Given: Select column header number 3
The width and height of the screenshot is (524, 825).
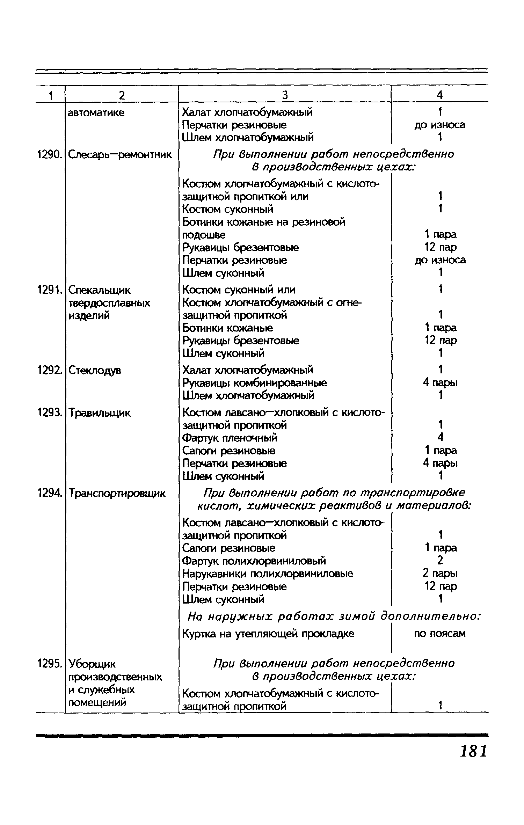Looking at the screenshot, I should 285,95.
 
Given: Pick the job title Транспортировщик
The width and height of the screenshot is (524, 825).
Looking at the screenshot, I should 117,494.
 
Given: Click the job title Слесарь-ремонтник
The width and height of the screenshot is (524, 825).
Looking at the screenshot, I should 120,154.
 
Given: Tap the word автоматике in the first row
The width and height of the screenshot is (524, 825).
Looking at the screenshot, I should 96,113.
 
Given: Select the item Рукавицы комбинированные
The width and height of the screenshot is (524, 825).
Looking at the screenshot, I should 255,383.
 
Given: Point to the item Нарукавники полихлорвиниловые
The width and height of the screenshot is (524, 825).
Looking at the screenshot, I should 268,574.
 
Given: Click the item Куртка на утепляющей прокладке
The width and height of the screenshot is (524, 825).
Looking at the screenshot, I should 268,634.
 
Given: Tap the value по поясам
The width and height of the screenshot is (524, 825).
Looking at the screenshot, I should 440,634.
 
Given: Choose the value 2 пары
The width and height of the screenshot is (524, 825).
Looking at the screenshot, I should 440,574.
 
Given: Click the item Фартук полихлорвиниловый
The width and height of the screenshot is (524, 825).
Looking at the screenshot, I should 254,561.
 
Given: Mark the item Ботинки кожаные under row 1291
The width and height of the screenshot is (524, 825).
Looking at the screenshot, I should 227,328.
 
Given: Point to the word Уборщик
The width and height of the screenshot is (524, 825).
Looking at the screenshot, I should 92,664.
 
